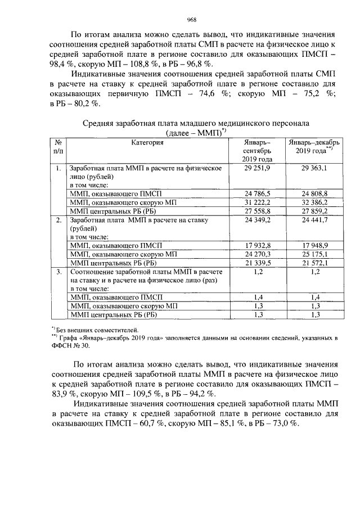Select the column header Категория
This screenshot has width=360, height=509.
coord(147,143)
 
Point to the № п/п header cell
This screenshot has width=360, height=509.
coord(58,147)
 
